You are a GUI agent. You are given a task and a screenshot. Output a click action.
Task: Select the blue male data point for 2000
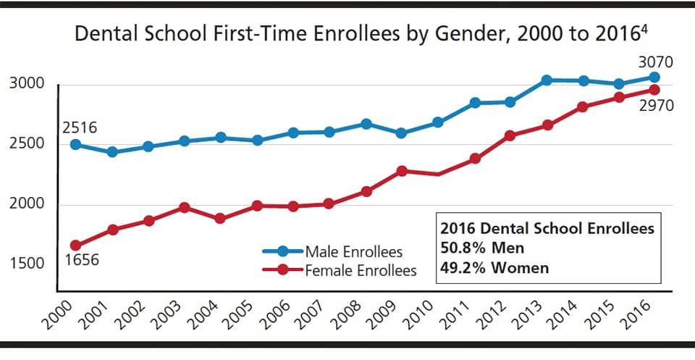coord(75,145)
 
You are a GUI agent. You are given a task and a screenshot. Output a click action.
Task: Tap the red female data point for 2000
coord(75,246)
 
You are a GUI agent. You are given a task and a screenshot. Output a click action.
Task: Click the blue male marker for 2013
coord(547,80)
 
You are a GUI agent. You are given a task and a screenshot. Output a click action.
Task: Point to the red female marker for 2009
coord(402,171)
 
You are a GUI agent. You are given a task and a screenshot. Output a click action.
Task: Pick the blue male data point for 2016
coord(654,78)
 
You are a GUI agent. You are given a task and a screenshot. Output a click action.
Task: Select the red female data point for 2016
coord(654,90)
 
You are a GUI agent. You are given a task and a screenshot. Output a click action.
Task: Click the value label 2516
coord(79,128)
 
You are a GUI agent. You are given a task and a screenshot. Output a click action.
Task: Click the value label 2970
coord(656,106)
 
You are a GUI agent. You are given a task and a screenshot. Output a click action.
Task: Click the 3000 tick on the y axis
coord(29,84)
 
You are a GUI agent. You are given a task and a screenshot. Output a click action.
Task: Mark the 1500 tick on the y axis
coord(29,264)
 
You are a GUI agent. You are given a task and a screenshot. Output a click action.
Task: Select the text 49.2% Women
coord(494,267)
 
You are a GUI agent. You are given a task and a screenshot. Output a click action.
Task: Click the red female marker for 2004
coord(220,218)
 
